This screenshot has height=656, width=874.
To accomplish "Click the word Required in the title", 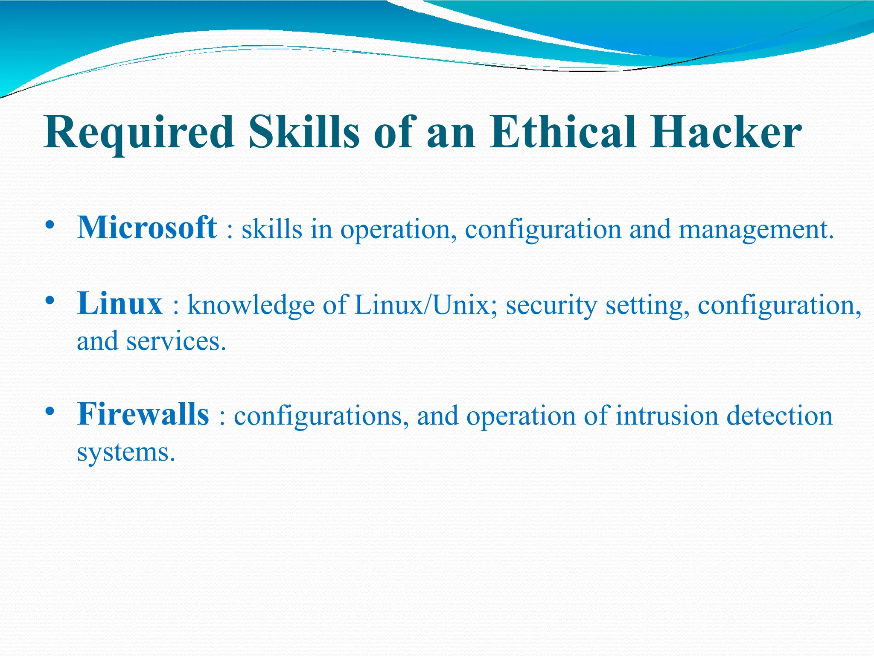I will [139, 132].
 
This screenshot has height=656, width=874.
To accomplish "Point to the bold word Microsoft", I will [147, 227].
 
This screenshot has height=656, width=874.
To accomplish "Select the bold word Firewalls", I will [143, 414].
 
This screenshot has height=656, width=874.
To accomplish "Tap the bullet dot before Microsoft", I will [50, 225].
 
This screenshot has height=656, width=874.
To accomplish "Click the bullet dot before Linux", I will [50, 301].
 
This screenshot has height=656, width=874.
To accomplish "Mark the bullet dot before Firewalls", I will [50, 412].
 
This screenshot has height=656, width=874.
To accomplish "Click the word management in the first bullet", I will [755, 230].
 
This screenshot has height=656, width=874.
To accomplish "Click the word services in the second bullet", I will [175, 341].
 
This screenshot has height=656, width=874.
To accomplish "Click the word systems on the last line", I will [126, 452].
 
